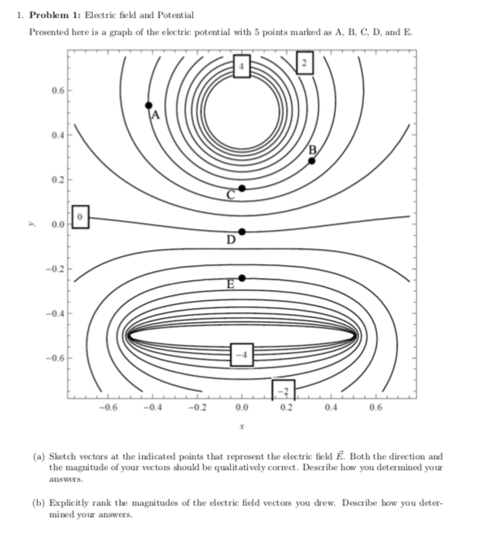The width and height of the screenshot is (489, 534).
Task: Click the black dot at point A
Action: click(149, 105)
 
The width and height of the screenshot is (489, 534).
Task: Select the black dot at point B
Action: click(312, 161)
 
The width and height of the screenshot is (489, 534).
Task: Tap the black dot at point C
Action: click(242, 188)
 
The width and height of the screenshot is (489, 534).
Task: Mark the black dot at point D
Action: click(242, 232)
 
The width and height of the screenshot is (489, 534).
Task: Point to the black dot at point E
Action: click(242, 278)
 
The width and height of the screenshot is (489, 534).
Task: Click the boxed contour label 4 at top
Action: click(242, 66)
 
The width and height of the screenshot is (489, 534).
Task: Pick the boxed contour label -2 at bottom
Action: click(283, 390)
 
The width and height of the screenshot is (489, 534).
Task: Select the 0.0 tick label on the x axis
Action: click(242, 407)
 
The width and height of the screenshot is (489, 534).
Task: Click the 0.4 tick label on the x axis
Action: click(331, 407)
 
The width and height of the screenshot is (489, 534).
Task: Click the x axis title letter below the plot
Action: click(242, 424)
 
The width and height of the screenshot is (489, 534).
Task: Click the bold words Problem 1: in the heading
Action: click(60, 15)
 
